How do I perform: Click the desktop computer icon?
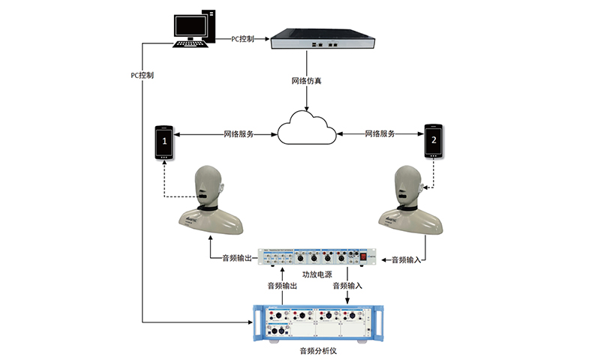194,28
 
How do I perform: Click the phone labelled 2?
433,141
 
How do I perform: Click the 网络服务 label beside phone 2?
379,133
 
